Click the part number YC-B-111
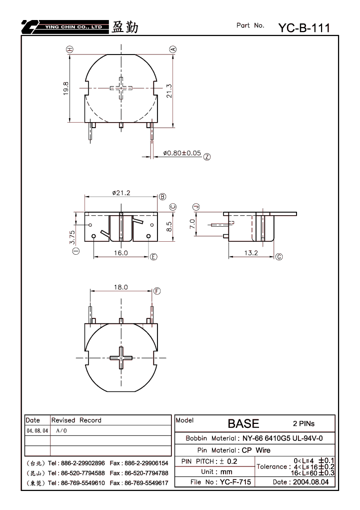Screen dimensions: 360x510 tap(304, 28)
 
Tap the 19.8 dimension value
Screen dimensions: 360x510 tap(66, 88)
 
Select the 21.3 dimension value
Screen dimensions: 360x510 tap(169, 91)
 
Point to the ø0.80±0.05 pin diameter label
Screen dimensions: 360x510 tap(182, 153)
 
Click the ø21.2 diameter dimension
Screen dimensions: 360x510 tap(121, 193)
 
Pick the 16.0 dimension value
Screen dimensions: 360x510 tap(121, 253)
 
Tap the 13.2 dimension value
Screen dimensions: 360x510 tap(251, 253)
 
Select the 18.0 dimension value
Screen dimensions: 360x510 tap(121, 287)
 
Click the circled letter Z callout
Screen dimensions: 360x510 tap(207, 157)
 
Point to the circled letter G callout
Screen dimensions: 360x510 tap(279, 257)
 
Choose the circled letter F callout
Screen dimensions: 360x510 tap(157, 291)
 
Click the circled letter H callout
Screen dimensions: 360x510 tap(69, 50)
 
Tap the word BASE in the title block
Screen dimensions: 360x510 tap(243, 423)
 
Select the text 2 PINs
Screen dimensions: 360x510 tap(304, 423)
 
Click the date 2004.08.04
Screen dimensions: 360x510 tap(311, 482)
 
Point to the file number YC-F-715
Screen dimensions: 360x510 tap(235, 482)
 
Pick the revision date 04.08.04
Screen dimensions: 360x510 tap(37, 430)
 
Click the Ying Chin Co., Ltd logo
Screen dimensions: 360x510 tap(65, 27)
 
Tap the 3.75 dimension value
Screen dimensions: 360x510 tap(72, 237)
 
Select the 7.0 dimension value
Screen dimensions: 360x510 tap(192, 223)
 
